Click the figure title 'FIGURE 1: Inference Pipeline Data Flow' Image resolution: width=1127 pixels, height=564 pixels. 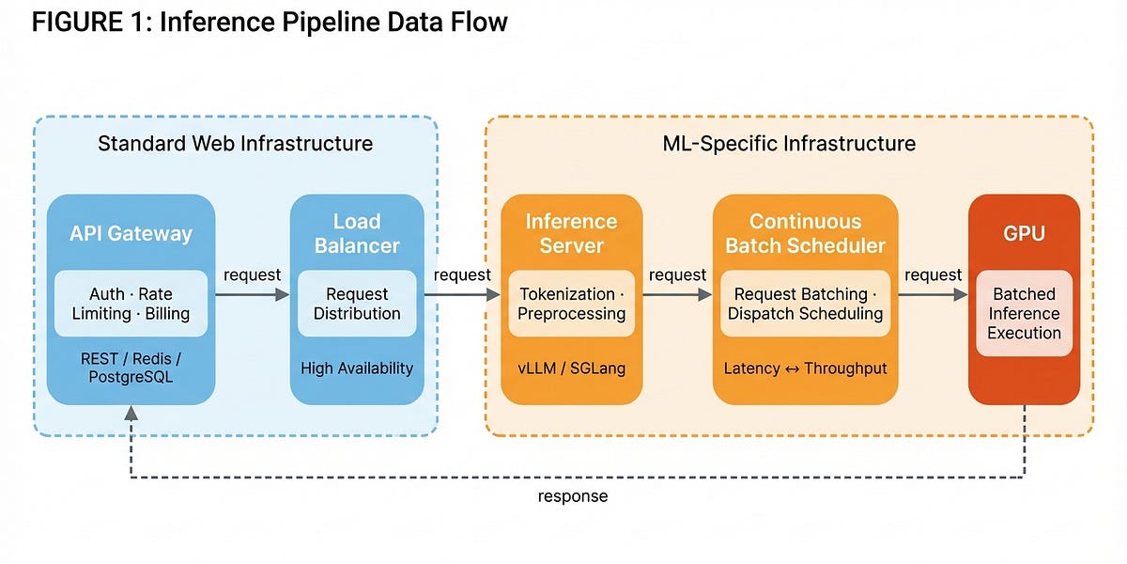270,22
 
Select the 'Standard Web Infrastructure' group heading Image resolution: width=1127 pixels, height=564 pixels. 235,144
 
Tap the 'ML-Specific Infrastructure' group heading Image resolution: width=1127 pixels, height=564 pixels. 789,144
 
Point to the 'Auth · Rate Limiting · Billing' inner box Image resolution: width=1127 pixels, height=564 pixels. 131,304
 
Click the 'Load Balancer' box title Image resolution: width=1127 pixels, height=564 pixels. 357,233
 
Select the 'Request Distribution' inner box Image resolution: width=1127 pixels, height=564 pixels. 357,304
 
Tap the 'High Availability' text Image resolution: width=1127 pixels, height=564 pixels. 357,368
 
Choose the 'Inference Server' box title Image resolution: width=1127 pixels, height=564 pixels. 571,233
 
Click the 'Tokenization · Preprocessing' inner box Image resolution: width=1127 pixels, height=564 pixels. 572,304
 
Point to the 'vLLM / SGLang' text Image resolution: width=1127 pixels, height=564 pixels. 572,368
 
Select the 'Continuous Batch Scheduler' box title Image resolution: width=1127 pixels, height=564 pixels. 805,233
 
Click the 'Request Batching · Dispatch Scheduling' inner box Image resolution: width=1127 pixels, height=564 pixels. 805,304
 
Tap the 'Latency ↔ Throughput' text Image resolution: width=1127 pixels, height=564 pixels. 805,368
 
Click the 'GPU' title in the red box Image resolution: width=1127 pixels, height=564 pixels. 1024,233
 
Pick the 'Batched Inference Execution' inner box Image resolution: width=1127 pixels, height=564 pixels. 1024,313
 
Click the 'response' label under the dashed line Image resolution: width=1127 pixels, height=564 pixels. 573,496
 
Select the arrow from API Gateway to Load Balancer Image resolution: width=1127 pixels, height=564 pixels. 252,295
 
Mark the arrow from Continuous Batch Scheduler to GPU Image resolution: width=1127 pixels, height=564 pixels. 932,295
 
